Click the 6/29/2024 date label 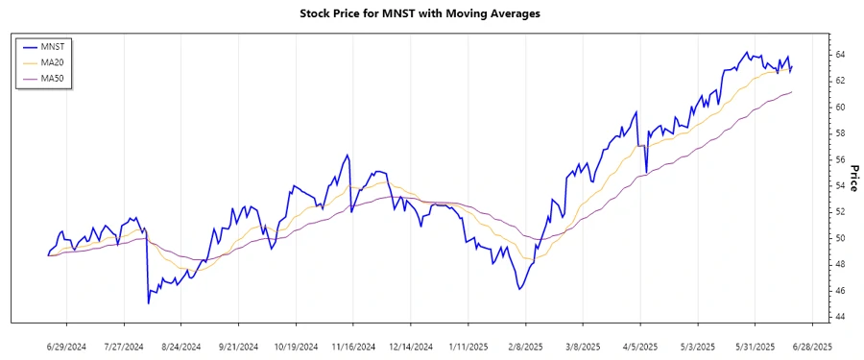(x=66, y=346)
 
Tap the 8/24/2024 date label (x=180, y=346)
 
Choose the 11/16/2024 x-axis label (x=352, y=346)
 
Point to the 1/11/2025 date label (x=468, y=346)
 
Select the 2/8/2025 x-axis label (x=525, y=346)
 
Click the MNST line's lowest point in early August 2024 (x=148, y=303)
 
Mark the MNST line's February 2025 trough (x=519, y=289)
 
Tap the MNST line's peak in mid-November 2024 (x=347, y=155)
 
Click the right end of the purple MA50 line (x=792, y=92)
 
